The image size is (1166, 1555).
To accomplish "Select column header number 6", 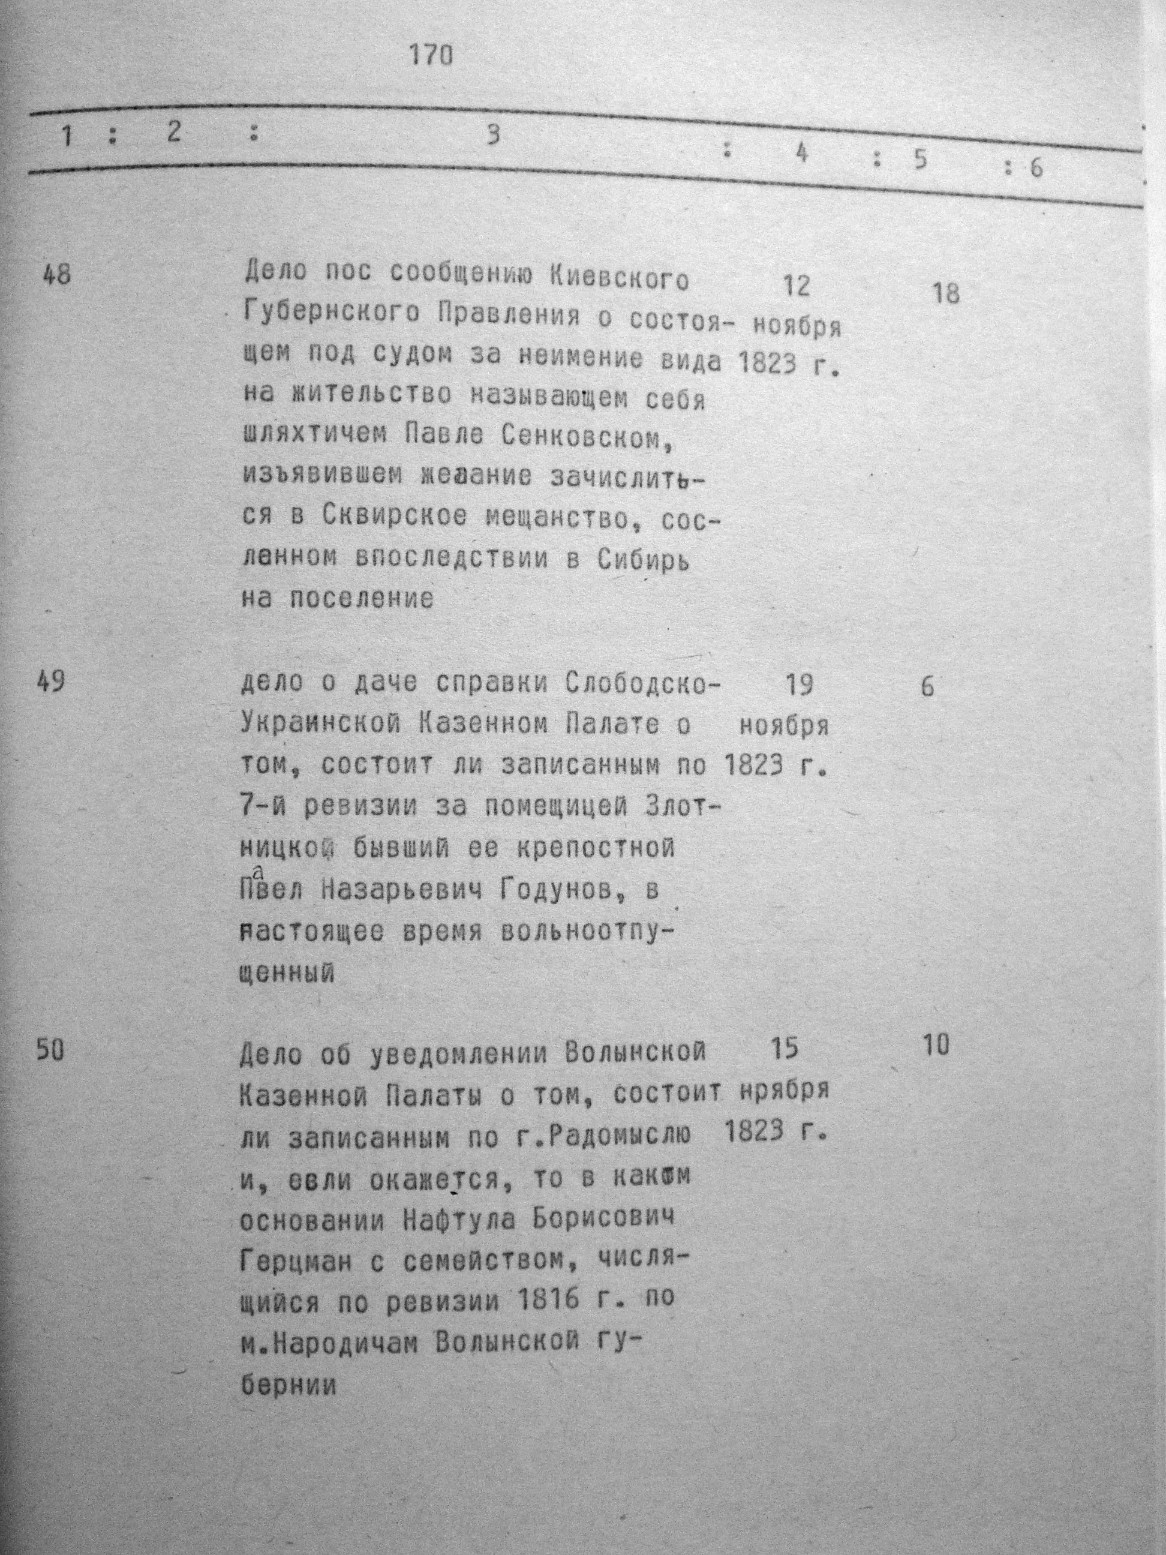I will (1036, 169).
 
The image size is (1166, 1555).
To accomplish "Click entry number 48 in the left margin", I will (56, 274).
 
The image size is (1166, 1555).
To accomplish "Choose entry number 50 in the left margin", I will (50, 1051).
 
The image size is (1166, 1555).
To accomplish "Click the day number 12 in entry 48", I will (795, 286).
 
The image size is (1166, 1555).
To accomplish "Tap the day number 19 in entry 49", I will (798, 684).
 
